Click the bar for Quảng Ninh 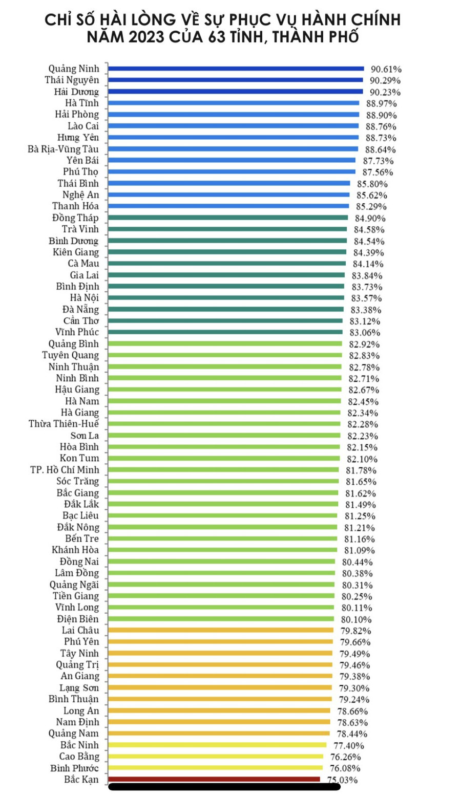236,68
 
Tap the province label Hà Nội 85,298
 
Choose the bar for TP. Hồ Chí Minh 223,469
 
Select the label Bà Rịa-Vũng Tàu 63,149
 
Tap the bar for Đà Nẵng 226,309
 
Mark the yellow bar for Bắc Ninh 217,745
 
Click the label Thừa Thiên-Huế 64,424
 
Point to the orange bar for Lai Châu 221,630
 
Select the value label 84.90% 370,218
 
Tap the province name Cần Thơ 81,321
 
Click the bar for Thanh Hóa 228,206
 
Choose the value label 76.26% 345,757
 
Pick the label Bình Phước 75,768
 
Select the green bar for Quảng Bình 225,343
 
